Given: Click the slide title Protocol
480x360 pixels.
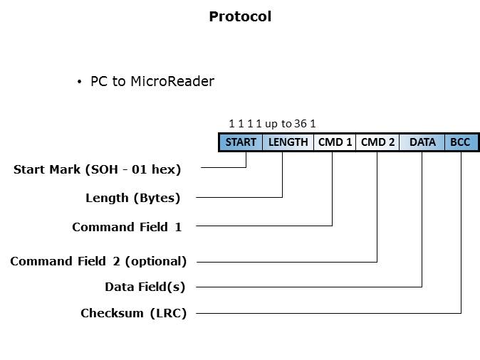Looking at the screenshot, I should click(240, 16).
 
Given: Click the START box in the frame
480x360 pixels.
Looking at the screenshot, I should click(241, 142).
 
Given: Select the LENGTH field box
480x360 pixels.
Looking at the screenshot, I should click(288, 142).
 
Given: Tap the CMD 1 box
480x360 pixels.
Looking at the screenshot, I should click(335, 142).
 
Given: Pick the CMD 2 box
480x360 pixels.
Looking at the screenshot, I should click(377, 142).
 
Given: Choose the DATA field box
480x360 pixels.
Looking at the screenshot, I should click(422, 142).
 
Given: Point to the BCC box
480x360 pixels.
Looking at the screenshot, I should click(460, 142).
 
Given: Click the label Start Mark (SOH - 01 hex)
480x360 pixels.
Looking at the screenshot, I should click(98, 169).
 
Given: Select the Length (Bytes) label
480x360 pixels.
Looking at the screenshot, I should click(132, 198).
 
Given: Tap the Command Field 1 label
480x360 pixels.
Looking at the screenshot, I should click(127, 227).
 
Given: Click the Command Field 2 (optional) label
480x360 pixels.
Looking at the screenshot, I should click(98, 261).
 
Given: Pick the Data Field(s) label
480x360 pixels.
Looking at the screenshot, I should click(145, 287).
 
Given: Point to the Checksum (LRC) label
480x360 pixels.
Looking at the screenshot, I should click(133, 313).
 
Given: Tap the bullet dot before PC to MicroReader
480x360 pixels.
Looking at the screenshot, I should click(80, 82).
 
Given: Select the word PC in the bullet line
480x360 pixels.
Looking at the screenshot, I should click(98, 81).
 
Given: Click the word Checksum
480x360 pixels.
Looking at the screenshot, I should click(111, 313).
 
